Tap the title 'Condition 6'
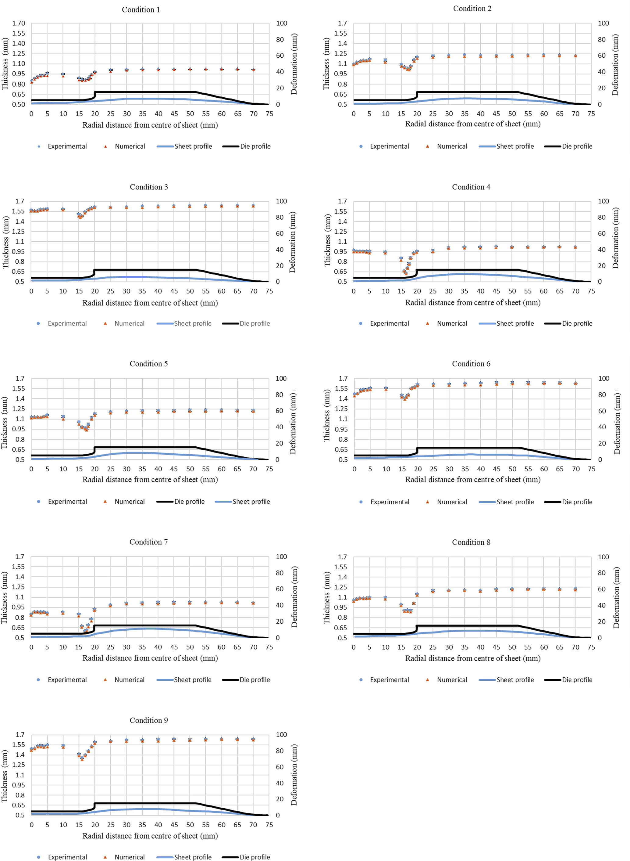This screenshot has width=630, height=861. coord(471,364)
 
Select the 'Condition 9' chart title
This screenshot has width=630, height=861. coord(148,720)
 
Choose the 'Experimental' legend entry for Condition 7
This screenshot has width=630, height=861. coord(67,680)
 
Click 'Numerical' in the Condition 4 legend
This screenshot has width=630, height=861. coord(451,323)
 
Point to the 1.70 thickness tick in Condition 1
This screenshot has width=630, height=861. coord(18,23)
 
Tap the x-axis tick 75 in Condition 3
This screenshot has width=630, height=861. coord(269,291)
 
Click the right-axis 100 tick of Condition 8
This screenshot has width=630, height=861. coord(603,557)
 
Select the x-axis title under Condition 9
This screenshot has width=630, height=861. coord(150,836)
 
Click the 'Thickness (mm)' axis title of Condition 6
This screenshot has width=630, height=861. coord(327,416)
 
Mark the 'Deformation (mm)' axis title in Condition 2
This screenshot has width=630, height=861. coord(615,64)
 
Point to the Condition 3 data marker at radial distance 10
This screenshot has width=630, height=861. coord(63,209)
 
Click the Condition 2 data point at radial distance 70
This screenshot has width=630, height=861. coord(575,56)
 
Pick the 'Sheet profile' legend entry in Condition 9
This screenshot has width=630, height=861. coord(193,857)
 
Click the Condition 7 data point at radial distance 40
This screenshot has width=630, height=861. coord(158,603)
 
